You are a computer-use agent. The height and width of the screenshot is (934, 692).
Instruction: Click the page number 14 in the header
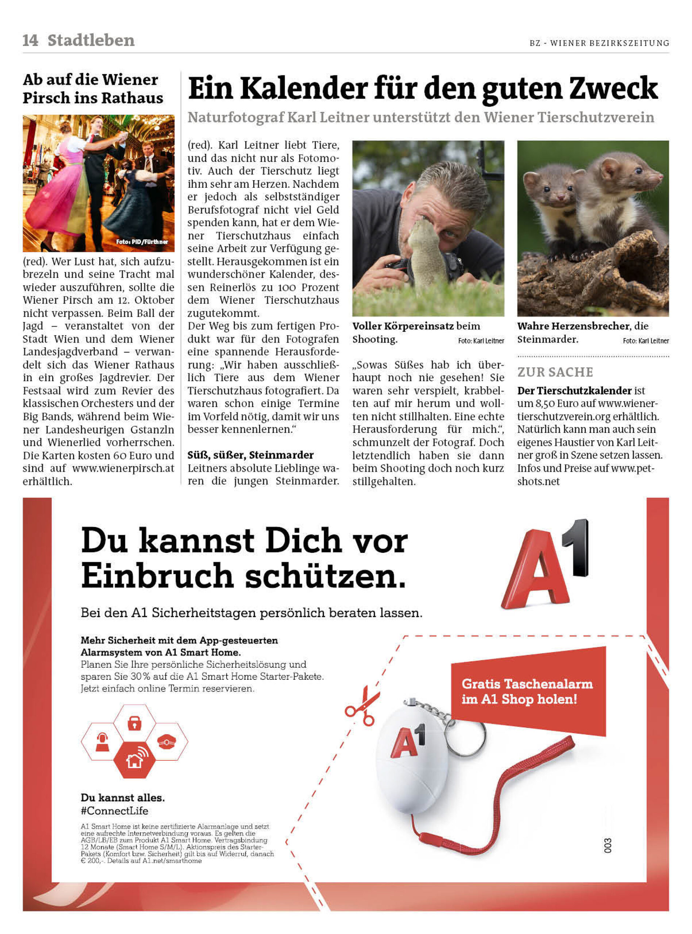point(30,40)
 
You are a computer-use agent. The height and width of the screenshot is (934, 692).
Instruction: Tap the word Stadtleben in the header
point(91,40)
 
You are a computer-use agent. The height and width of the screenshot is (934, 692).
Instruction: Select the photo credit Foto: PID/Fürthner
point(142,242)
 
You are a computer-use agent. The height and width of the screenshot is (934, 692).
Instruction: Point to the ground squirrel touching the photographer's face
point(424,251)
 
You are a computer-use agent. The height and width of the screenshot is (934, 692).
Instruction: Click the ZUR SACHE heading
point(555,372)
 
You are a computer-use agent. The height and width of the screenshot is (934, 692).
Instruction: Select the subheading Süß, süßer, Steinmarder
point(250,455)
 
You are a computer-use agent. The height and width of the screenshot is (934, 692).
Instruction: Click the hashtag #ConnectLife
point(114,811)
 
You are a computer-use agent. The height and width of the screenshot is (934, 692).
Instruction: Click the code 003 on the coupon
point(608,845)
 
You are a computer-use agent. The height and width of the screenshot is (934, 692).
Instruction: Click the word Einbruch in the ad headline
point(157,576)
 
